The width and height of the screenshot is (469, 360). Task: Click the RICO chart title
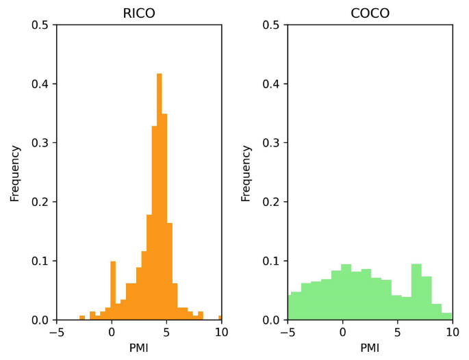(139, 14)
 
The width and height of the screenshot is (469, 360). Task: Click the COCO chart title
(370, 14)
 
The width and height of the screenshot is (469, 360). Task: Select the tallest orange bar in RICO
(160, 198)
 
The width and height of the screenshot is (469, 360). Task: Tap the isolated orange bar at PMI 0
(113, 291)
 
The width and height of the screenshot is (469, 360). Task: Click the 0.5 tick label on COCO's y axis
(271, 25)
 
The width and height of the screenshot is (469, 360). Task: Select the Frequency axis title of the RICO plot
(15, 172)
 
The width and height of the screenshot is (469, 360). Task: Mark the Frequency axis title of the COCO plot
(246, 172)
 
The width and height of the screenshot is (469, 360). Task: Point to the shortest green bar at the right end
(446, 316)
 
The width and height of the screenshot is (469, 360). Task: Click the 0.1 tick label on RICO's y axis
(40, 261)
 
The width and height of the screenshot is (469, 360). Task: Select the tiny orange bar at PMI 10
(220, 318)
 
